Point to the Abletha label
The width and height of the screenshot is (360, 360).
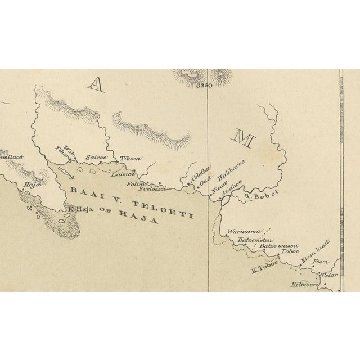[x=199, y=172]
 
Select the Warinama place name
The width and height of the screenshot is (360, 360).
[x=239, y=232]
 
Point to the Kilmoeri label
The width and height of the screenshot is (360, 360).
[x=305, y=285]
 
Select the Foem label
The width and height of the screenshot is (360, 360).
[x=319, y=262]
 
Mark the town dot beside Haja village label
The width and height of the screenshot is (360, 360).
[x=23, y=190]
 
